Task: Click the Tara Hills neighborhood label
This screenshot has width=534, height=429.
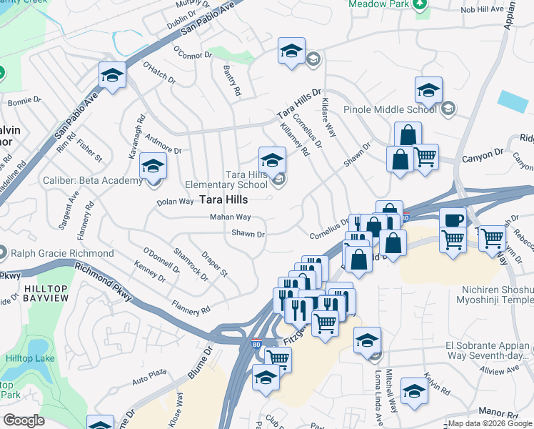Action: [x=223, y=199]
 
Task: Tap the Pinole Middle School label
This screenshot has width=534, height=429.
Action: [x=390, y=109]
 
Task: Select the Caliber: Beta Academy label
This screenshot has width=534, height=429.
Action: [x=94, y=181]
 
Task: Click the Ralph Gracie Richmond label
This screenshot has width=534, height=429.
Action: [x=61, y=253]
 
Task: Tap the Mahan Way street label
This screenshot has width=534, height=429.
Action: [x=230, y=217]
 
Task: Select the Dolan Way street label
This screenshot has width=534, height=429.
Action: [x=175, y=202]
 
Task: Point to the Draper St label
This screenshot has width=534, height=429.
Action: [x=213, y=264]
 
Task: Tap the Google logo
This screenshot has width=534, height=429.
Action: [x=24, y=420]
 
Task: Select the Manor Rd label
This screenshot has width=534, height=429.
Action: [x=498, y=413]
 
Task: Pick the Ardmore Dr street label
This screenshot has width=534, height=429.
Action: [x=163, y=151]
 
